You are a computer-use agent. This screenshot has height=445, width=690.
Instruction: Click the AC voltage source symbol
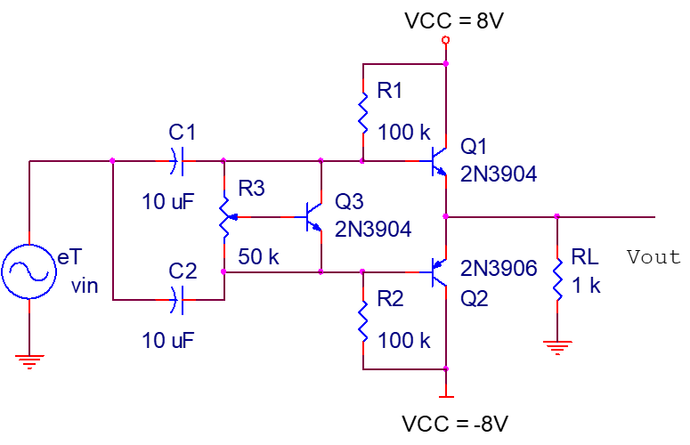pos(28,271)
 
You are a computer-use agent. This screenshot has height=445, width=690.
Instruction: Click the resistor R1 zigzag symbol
pos(363,111)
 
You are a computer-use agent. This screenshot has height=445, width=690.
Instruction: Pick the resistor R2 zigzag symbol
pos(363,320)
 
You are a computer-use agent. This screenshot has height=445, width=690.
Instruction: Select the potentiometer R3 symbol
pos(225,216)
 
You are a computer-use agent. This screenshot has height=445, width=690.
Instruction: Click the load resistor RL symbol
pos(557,279)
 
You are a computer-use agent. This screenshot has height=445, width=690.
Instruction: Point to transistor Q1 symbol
pos(437,162)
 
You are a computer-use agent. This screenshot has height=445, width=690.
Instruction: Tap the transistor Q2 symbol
pos(437,271)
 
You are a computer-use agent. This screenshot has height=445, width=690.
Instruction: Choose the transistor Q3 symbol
pos(313,216)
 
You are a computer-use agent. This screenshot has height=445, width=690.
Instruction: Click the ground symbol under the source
pos(28,360)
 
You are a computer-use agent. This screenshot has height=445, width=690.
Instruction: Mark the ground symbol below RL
pos(557,346)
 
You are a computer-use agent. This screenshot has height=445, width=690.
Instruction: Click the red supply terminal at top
pos(446,41)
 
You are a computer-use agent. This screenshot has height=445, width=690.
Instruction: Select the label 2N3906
pos(499,268)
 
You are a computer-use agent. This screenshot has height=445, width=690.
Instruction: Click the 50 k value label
pos(259,257)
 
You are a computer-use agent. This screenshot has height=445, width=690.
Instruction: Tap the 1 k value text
pos(586,286)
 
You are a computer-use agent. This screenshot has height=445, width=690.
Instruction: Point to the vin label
pos(85,286)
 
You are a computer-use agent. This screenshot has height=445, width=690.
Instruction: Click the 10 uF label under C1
pos(167,201)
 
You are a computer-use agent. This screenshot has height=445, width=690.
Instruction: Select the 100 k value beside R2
pos(403,340)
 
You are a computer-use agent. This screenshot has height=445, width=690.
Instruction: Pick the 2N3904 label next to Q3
pos(373,229)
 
